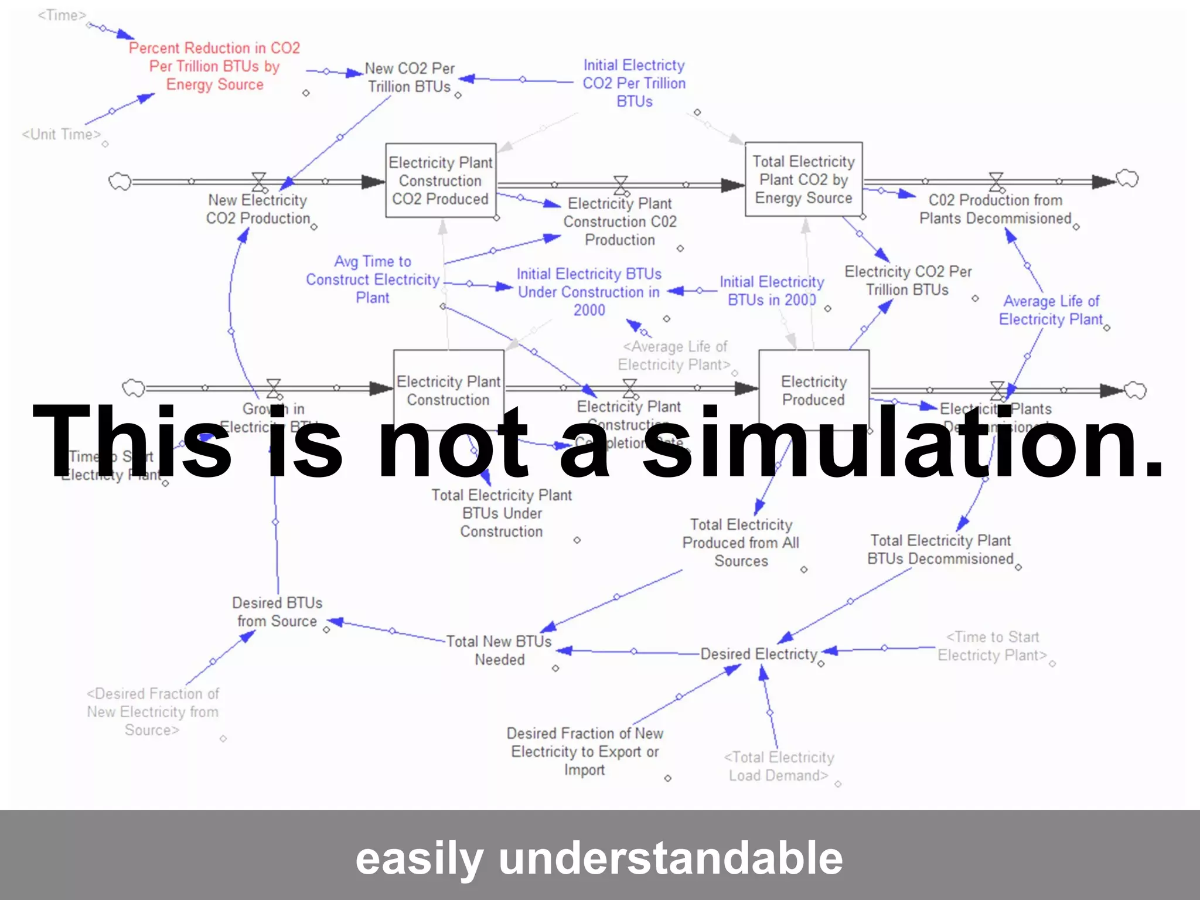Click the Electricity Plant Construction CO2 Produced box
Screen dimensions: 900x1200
click(441, 180)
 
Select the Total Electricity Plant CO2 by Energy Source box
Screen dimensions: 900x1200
click(803, 179)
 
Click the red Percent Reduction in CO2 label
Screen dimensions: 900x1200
click(214, 66)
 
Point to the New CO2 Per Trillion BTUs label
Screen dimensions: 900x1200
click(410, 77)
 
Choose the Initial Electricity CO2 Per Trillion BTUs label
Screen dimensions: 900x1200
click(634, 83)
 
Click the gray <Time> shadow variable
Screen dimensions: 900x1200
click(62, 15)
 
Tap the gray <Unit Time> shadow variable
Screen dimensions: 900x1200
click(61, 134)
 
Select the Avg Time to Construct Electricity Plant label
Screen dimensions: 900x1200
click(373, 279)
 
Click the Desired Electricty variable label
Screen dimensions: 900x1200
click(759, 654)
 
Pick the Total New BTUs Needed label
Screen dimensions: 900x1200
click(499, 650)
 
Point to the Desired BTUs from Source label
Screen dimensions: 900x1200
click(277, 612)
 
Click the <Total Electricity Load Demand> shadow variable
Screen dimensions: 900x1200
click(779, 766)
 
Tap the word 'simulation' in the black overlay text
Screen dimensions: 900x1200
click(902, 442)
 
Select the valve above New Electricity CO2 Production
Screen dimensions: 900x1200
click(258, 181)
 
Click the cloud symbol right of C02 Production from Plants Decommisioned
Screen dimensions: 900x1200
click(1127, 178)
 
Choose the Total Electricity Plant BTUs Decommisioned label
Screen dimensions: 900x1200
click(940, 550)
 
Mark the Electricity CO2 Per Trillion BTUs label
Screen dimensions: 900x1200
click(908, 281)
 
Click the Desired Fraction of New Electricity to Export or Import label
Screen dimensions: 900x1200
click(585, 751)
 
